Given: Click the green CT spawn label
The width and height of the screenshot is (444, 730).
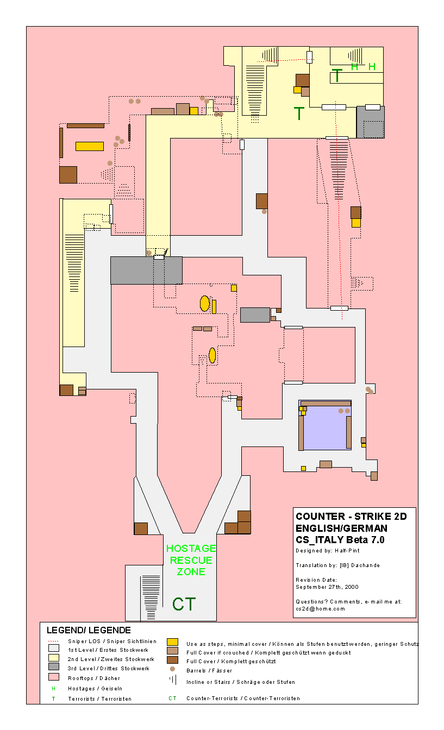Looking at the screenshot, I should [184, 604].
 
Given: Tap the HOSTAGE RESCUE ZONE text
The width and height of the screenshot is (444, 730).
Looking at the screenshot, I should [191, 560].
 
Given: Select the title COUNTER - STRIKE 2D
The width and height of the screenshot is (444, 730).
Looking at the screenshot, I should [351, 517].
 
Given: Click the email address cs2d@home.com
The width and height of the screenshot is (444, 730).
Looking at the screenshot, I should [320, 609].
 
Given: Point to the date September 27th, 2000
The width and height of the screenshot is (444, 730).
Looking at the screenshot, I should [327, 587].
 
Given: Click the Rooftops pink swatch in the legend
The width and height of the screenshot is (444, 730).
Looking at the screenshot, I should [53, 677].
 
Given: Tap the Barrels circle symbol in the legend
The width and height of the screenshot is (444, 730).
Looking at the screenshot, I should [172, 670].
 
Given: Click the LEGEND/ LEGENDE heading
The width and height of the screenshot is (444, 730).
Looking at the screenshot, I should [89, 631].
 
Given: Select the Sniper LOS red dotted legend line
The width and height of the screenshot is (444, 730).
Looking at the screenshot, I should [53, 641].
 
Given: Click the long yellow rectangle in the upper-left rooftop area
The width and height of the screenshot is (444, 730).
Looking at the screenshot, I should [89, 146].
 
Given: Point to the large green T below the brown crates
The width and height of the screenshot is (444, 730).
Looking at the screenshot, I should [299, 114].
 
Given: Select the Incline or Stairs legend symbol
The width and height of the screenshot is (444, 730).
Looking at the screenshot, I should [172, 679].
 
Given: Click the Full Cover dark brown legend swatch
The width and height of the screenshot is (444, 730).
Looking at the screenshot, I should [172, 660].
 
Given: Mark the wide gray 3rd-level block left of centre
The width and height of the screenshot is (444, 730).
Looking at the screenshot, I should [146, 270].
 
